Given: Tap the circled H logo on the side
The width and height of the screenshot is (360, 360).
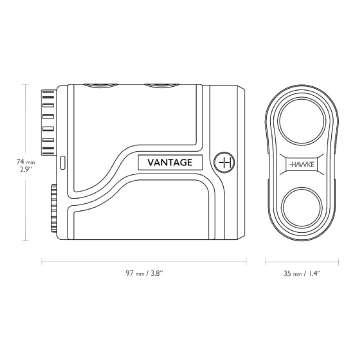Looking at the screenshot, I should click(225, 160).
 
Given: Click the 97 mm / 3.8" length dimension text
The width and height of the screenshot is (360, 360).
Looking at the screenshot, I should click(147, 271).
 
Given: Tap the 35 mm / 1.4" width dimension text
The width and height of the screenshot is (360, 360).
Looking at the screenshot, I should click(301, 271).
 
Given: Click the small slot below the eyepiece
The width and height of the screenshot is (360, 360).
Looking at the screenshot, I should click(61, 159).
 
